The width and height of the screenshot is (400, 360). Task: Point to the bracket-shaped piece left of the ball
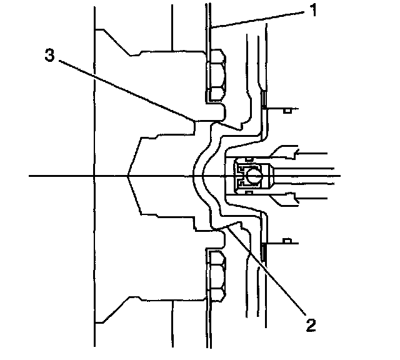click(239, 176)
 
